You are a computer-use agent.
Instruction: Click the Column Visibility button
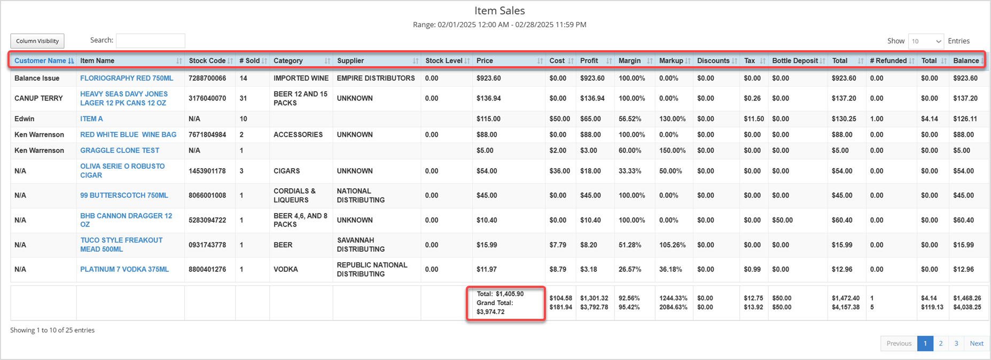(x=37, y=41)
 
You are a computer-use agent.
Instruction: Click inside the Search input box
(x=151, y=41)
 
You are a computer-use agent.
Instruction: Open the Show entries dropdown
(x=926, y=41)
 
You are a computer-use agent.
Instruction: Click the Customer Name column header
(x=40, y=61)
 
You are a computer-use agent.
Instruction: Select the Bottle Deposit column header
(x=794, y=61)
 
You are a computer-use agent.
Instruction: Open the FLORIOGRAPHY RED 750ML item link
(x=127, y=79)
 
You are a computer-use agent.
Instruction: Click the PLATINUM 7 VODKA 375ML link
(x=124, y=270)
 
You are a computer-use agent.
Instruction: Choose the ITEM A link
(x=91, y=119)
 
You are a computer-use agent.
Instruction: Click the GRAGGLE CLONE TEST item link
(x=120, y=151)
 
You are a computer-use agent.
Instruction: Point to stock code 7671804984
(x=207, y=135)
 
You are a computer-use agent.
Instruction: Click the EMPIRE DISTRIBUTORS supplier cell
(x=376, y=79)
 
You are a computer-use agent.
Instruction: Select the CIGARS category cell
(x=287, y=171)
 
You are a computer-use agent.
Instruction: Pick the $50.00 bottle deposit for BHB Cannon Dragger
(x=782, y=220)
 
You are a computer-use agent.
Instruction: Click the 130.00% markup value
(x=673, y=119)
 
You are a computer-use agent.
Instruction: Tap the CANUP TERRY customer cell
(x=38, y=98)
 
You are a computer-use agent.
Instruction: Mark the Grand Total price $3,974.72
(x=490, y=312)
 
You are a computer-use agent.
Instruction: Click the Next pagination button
(x=977, y=343)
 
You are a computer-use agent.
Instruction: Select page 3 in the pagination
(x=956, y=343)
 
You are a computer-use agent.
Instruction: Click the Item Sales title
(x=500, y=11)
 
